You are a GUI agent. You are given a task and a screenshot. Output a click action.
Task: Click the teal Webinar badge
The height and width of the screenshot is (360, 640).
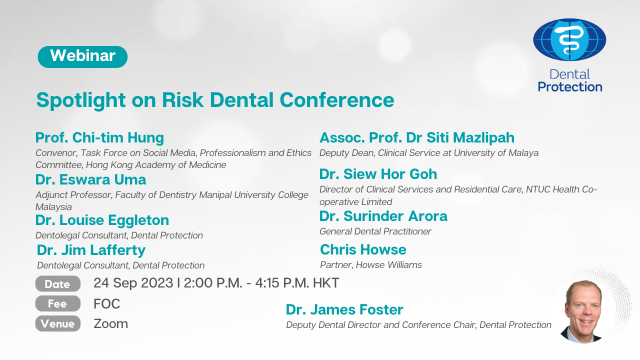(x=82, y=57)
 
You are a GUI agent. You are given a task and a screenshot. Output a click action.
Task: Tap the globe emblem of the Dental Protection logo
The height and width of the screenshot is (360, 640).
(x=569, y=39)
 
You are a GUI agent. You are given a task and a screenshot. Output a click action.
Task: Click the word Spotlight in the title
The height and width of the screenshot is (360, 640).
(x=81, y=100)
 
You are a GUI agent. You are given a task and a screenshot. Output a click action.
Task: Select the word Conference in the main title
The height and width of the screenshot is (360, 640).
(x=337, y=100)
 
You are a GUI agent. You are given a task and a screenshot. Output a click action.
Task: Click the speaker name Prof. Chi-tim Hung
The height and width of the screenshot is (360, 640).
(x=99, y=137)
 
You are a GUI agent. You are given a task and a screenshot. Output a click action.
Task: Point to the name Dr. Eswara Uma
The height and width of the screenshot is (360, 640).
(x=90, y=179)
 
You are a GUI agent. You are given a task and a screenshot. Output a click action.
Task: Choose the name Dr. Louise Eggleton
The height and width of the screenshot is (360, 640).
(x=102, y=220)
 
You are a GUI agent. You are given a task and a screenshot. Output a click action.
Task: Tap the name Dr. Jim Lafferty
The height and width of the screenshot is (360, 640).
(x=91, y=250)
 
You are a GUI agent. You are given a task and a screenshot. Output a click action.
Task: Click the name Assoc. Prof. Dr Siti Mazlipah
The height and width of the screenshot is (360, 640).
(x=417, y=137)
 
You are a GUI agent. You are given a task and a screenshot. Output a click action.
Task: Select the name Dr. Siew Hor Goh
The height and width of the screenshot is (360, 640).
(x=378, y=174)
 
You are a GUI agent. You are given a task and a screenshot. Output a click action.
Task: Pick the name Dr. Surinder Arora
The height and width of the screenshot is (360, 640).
(x=383, y=216)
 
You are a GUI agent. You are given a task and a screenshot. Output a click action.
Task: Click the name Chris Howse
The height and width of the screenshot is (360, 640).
(x=363, y=249)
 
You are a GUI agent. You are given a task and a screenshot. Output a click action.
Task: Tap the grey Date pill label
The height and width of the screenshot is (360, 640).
(x=57, y=283)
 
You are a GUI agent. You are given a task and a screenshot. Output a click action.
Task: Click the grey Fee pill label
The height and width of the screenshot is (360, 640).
(x=57, y=303)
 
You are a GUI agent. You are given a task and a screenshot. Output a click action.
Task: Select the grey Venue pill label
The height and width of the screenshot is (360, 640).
(x=57, y=323)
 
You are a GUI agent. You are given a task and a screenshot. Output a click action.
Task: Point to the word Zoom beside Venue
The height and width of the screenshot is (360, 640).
(x=110, y=323)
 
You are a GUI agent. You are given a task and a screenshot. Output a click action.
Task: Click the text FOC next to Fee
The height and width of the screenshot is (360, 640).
(x=107, y=303)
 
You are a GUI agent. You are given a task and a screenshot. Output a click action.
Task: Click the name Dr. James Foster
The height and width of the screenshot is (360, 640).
(x=344, y=309)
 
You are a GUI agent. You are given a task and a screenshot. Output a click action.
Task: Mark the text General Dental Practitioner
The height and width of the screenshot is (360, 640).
(x=375, y=231)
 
